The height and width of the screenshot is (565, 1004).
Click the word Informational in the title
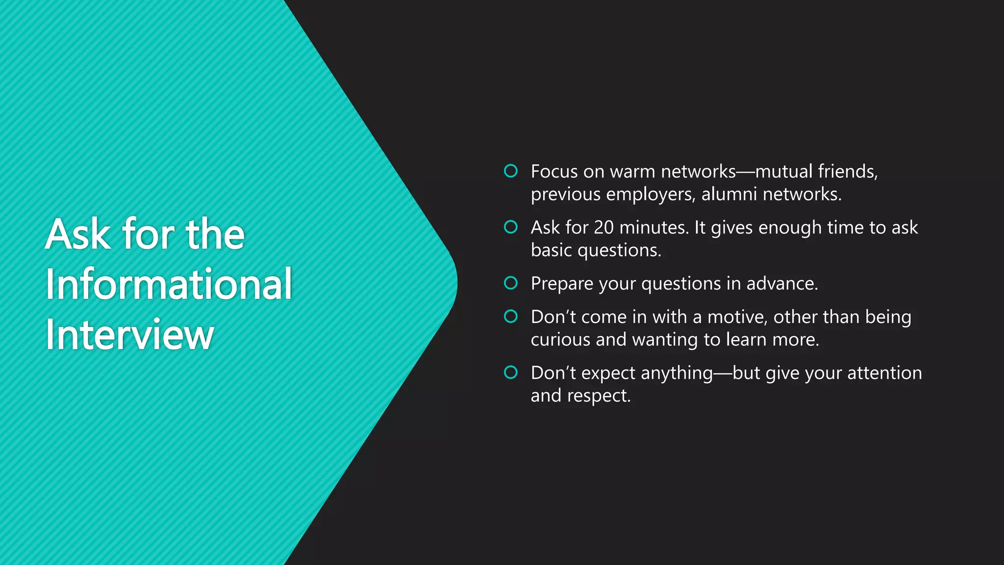pyautogui.click(x=169, y=284)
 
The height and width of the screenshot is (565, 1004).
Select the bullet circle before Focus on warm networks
pyautogui.click(x=510, y=171)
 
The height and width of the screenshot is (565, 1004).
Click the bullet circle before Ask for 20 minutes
pyautogui.click(x=510, y=227)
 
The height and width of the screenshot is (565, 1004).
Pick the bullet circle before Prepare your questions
pyautogui.click(x=510, y=283)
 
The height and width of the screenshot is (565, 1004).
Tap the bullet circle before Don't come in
pyautogui.click(x=510, y=316)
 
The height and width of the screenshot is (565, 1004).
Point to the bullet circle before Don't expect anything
pyautogui.click(x=510, y=372)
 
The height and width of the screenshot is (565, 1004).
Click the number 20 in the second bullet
pyautogui.click(x=603, y=228)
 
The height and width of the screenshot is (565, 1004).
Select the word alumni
pyautogui.click(x=729, y=194)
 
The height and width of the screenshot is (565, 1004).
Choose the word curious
pyautogui.click(x=560, y=339)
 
